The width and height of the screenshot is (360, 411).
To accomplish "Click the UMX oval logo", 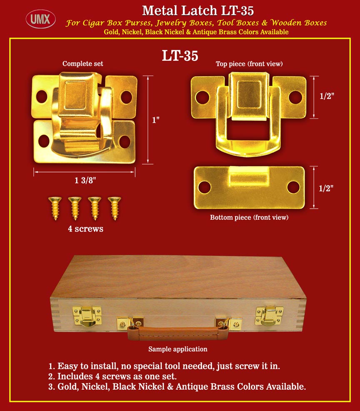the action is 41,19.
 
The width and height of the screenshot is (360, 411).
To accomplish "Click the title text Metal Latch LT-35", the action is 197,11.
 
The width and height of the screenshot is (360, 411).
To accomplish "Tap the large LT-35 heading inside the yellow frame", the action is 180,55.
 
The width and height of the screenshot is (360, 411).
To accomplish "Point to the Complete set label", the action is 82,64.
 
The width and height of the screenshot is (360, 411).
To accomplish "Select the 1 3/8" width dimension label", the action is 85,180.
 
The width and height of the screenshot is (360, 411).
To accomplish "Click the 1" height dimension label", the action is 156,120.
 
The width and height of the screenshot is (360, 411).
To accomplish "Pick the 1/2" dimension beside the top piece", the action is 327,96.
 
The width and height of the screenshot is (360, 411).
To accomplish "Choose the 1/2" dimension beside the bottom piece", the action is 326,188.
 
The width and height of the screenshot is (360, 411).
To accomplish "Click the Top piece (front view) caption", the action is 249,64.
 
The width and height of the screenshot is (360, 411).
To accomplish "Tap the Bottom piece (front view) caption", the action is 249,217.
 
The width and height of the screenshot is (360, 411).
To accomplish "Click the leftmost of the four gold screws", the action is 55,208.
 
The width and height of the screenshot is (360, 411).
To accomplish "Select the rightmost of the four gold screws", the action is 115,208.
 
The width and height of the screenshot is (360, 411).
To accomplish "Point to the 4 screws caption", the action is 85,229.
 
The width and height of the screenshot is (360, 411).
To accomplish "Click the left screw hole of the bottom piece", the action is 204,187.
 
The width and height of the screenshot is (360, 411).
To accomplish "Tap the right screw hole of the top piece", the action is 295,97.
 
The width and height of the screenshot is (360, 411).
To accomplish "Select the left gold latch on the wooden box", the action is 87,316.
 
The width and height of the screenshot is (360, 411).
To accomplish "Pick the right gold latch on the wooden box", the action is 269,316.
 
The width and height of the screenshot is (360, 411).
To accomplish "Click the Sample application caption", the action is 178,349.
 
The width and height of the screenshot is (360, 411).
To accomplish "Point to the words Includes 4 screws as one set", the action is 117,376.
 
